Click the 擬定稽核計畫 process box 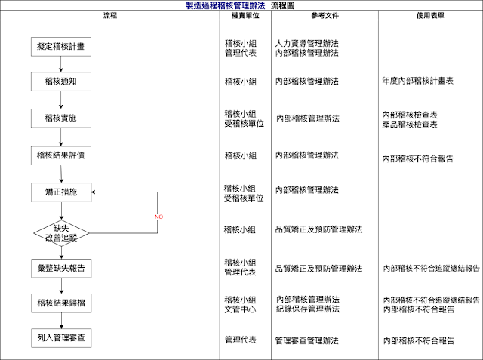click(60, 47)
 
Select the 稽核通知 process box click(60, 81)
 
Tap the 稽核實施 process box click(60, 118)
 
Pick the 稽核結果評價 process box click(60, 155)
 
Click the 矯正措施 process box click(60, 193)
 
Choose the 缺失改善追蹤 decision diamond click(61, 231)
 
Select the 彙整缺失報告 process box click(60, 267)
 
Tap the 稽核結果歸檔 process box click(60, 303)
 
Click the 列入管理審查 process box click(60, 339)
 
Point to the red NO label click(158, 217)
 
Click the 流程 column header click(110, 15)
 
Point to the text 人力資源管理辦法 click(307, 44)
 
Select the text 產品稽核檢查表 click(410, 124)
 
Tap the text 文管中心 click(241, 309)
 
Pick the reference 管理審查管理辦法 click(306, 340)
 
